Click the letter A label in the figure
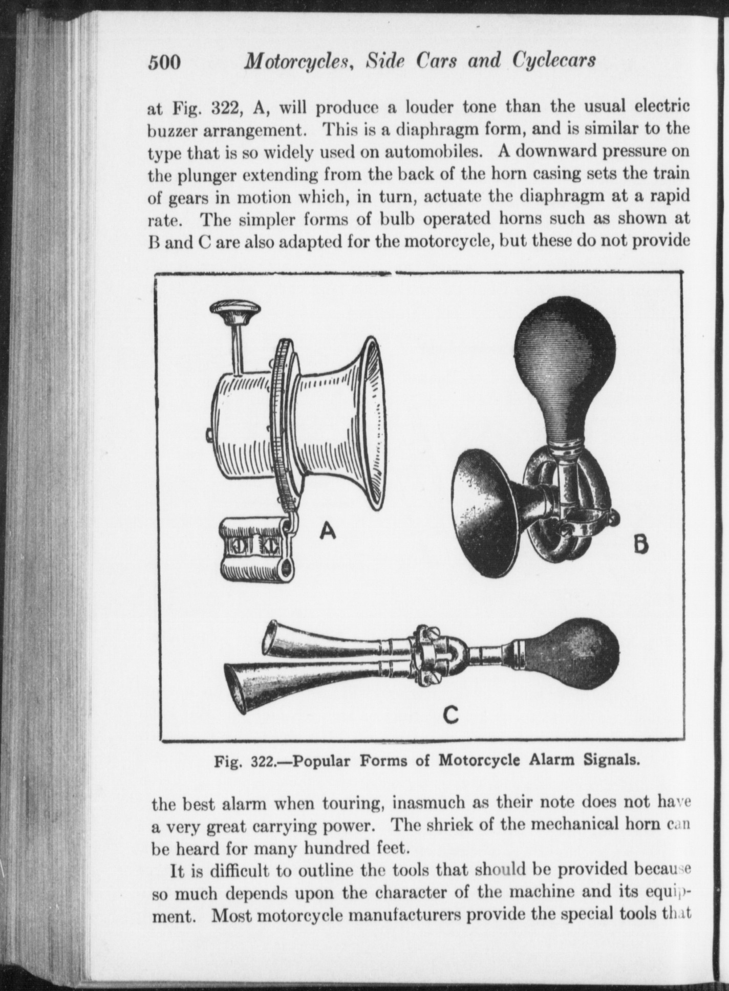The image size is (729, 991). coord(327,532)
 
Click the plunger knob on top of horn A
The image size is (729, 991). coord(236,311)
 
